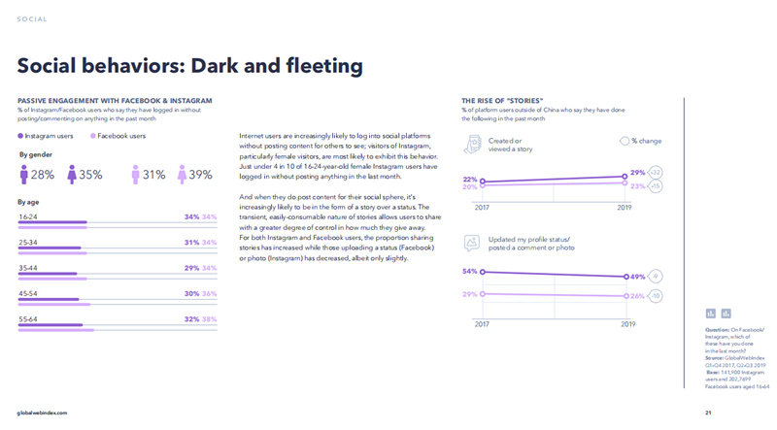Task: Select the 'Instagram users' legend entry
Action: (46, 137)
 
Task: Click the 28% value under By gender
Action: (42, 176)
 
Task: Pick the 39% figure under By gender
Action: (200, 176)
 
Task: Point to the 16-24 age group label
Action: (28, 216)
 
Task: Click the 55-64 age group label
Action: (28, 318)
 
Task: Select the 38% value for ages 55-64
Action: (209, 318)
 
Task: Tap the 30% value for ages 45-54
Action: (191, 293)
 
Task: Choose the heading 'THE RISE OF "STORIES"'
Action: (502, 100)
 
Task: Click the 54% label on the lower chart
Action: (470, 272)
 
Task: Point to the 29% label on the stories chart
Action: (638, 173)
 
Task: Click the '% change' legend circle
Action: (625, 141)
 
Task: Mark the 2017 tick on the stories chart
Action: (482, 207)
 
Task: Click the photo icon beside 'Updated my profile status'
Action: (472, 243)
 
